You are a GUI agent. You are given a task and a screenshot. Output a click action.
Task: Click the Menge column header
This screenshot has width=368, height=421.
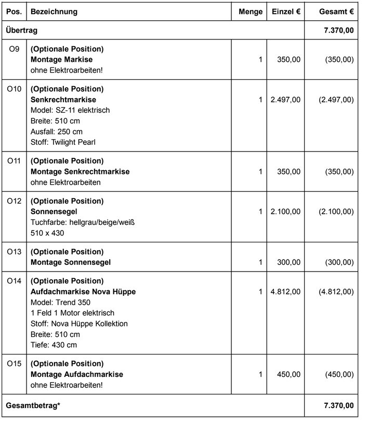pos(251,11)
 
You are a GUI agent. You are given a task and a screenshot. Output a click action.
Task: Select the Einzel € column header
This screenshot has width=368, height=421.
pos(286,11)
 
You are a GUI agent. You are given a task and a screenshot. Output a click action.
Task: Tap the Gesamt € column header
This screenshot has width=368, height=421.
pos(337,11)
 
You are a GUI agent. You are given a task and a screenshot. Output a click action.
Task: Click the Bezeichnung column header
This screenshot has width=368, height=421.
pos(54,11)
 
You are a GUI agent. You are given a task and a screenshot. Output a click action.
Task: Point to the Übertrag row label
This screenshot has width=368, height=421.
pos(21,31)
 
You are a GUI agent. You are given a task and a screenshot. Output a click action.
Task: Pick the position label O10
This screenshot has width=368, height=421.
pos(14,89)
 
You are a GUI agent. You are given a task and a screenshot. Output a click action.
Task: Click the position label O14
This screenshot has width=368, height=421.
pos(14,281)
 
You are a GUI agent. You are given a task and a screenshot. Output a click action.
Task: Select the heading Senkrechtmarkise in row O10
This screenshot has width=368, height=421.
pos(63,100)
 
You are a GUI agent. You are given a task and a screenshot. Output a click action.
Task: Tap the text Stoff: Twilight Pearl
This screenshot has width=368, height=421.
pos(63,142)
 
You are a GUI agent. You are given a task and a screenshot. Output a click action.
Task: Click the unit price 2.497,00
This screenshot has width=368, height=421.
pos(285,100)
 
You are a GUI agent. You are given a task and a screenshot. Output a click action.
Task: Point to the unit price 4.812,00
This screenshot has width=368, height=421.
pos(285,292)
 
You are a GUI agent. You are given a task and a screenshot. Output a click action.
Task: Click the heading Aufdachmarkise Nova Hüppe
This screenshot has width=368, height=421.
pos(83,292)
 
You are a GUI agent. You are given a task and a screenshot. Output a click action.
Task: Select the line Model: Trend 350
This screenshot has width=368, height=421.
pos(61,303)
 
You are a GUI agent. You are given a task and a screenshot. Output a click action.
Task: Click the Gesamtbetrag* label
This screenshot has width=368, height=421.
pos(33,405)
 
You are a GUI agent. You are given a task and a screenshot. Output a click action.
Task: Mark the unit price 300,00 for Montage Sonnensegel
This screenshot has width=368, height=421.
pos(290,263)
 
